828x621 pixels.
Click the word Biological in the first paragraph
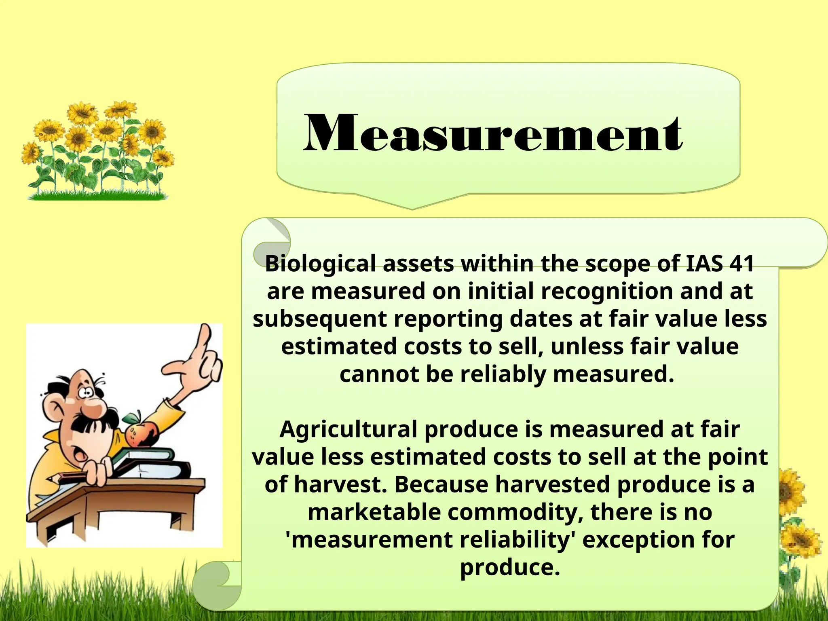[320, 264]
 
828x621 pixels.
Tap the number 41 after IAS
[742, 264]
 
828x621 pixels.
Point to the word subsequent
[319, 319]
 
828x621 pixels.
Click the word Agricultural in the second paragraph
[348, 429]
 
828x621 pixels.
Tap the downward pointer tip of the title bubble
[412, 207]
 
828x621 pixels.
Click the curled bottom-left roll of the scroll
[214, 582]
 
